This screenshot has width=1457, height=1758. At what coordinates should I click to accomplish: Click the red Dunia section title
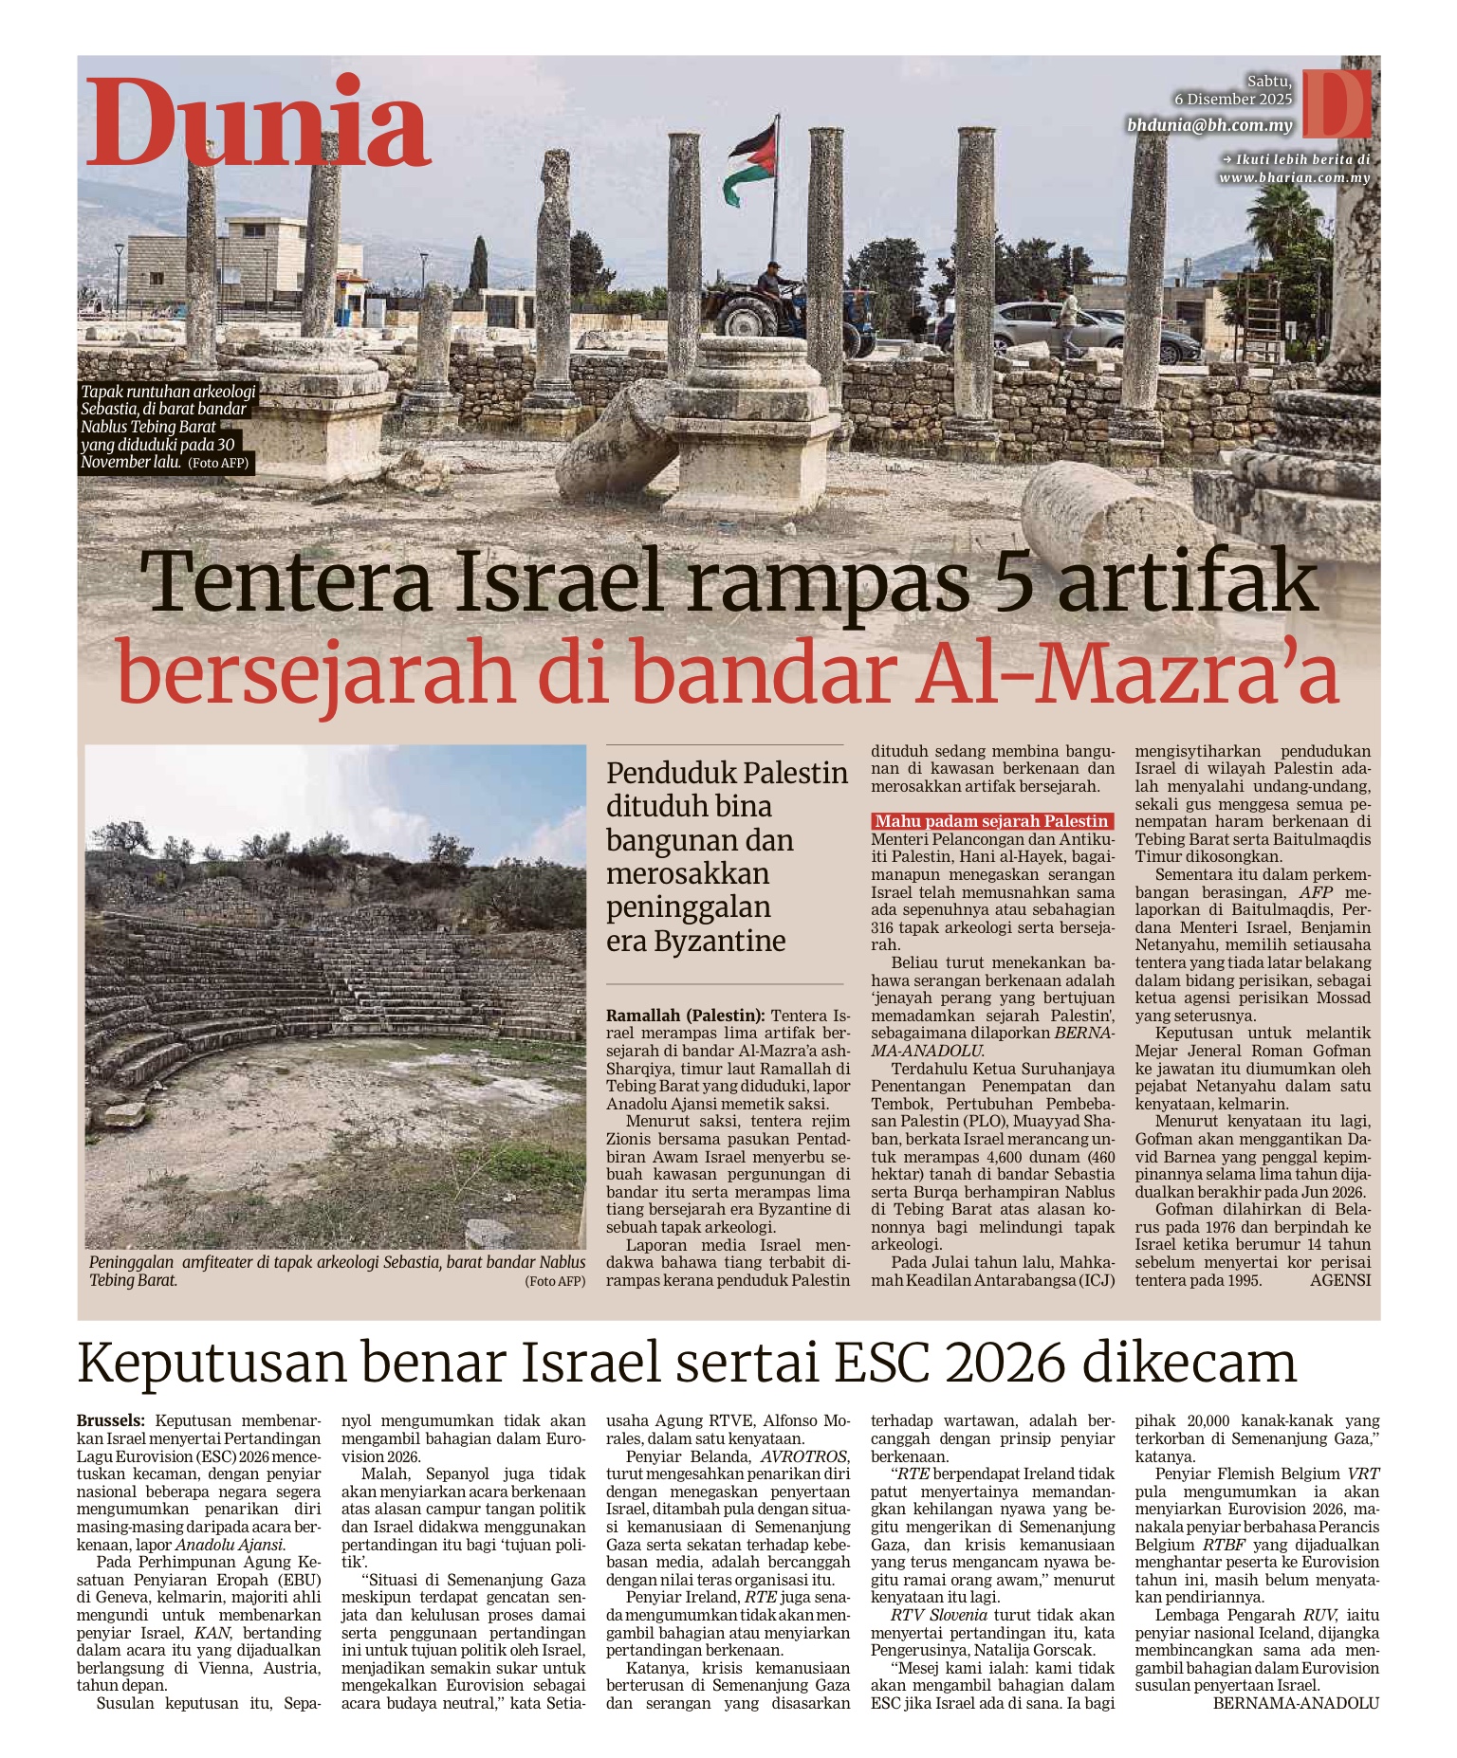pyautogui.click(x=258, y=123)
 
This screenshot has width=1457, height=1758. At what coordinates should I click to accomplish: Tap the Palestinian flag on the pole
pyautogui.click(x=752, y=163)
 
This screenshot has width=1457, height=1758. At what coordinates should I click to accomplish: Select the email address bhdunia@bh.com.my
pyautogui.click(x=1209, y=125)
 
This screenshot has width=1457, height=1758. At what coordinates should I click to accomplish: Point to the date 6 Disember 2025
pyautogui.click(x=1232, y=100)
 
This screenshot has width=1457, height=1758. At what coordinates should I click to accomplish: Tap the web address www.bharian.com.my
pyautogui.click(x=1294, y=177)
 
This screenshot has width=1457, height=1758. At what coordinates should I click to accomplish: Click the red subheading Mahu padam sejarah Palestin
pyautogui.click(x=991, y=821)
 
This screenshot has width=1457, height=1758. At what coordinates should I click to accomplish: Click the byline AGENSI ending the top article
pyautogui.click(x=1339, y=1280)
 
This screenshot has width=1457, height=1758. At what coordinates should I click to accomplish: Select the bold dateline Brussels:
pyautogui.click(x=111, y=1420)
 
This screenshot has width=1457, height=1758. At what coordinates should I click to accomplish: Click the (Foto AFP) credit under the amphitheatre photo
pyautogui.click(x=555, y=1281)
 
